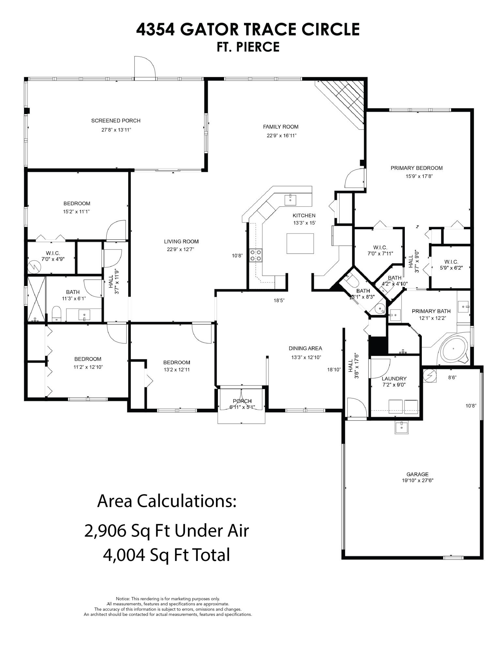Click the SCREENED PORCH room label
(x=116, y=121)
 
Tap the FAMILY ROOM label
(x=281, y=127)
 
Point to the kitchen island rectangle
(x=300, y=243)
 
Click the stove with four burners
(x=256, y=255)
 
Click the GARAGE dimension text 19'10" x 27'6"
(x=418, y=480)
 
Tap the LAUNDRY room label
(x=394, y=379)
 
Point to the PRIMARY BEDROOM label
(x=417, y=168)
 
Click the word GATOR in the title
(x=210, y=30)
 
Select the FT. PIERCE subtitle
(x=248, y=47)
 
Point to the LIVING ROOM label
(x=181, y=242)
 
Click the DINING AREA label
(x=305, y=348)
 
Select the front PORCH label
(x=242, y=401)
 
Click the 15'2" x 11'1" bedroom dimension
(x=76, y=212)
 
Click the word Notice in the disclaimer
(x=123, y=599)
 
